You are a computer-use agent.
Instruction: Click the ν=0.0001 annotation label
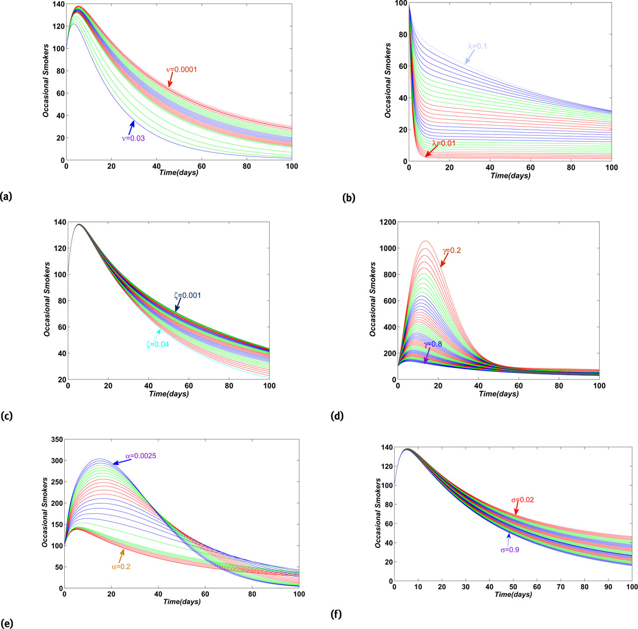(x=181, y=70)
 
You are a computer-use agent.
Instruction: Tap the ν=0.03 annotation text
(x=133, y=139)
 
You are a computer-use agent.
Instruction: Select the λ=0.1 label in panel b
(x=477, y=46)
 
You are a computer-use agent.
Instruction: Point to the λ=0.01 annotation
(x=444, y=144)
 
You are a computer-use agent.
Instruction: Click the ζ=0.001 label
(x=187, y=295)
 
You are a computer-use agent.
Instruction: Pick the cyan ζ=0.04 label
(x=158, y=343)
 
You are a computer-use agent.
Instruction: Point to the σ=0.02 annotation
(x=522, y=500)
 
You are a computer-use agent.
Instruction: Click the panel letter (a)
(x=6, y=197)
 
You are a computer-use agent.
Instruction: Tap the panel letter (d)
(x=336, y=416)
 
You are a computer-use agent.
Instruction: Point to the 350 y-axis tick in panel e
(x=53, y=440)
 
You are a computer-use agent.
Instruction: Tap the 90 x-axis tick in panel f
(x=608, y=587)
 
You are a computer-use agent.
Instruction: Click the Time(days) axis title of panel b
(x=510, y=176)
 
